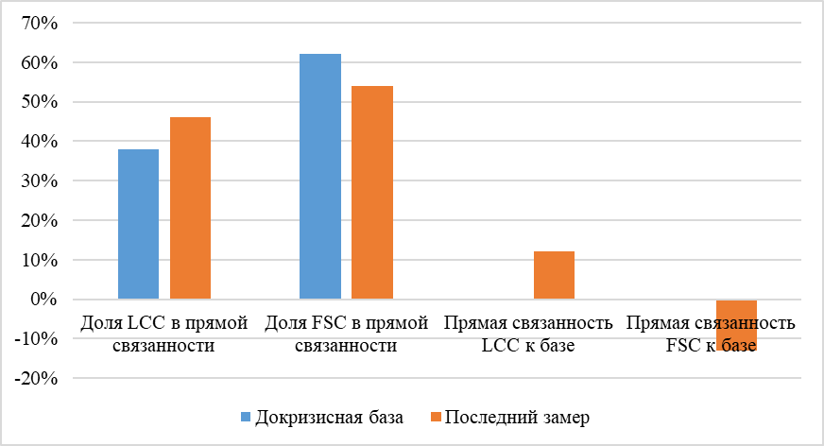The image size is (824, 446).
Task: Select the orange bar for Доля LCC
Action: (190, 208)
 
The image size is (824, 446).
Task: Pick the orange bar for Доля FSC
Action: (372, 193)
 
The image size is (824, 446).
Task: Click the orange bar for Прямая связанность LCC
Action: (554, 275)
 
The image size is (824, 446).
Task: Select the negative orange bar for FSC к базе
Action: (736, 324)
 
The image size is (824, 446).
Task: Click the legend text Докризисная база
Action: (328, 418)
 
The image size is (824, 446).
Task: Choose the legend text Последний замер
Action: (517, 418)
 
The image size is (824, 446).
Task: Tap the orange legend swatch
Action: (436, 418)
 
